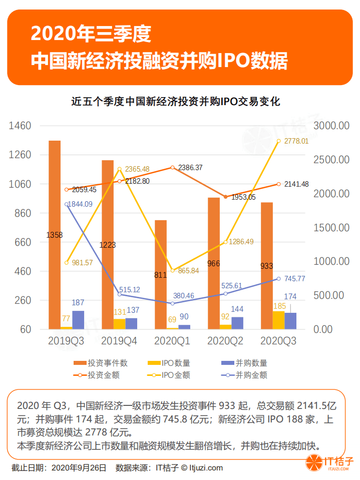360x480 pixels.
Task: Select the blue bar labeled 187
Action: [x=78, y=320]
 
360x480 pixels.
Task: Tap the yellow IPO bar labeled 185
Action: [x=279, y=320]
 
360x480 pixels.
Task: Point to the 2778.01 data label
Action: [x=296, y=142]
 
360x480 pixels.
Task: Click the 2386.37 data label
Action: [x=190, y=168]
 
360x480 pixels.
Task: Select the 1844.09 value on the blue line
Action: [x=82, y=204]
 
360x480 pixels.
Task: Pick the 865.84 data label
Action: [x=188, y=271]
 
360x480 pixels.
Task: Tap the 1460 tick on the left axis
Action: [x=21, y=126]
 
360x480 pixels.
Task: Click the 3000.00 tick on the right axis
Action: [x=331, y=126]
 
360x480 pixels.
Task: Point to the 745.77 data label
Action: [x=294, y=279]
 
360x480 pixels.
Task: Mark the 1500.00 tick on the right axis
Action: [x=331, y=228]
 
